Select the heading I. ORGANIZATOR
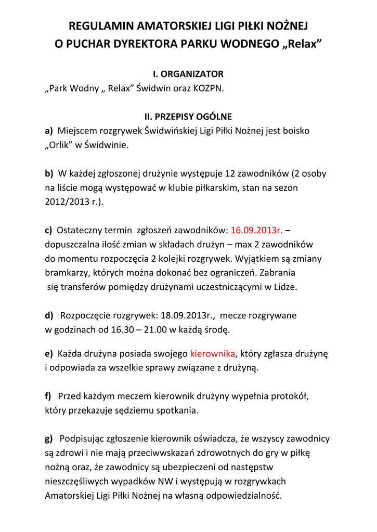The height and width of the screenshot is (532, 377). [x=188, y=74]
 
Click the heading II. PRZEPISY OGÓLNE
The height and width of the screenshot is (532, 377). [x=188, y=117]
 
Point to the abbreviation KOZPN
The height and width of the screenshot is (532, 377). [x=209, y=88]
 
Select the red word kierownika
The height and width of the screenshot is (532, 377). [x=213, y=354]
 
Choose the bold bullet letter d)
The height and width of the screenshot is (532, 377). [x=49, y=315]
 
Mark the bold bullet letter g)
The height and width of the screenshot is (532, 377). [x=49, y=439]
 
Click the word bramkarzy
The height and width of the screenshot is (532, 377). [x=64, y=273]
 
